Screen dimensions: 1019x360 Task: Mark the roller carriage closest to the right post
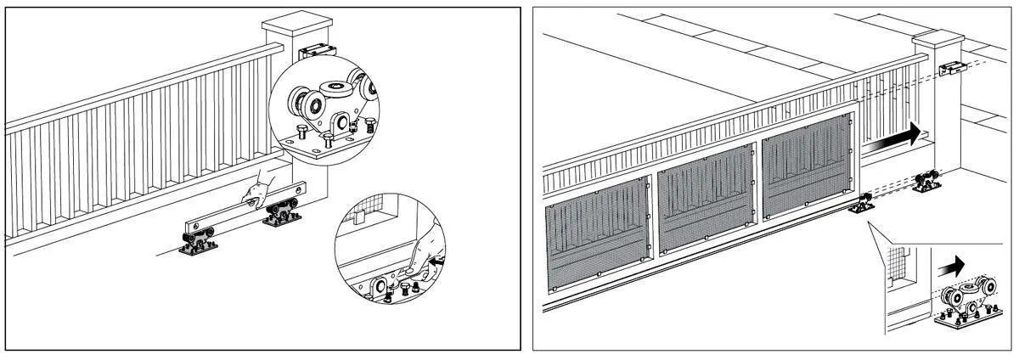[x=926, y=183]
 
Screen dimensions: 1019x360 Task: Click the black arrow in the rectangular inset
[x=953, y=265]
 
